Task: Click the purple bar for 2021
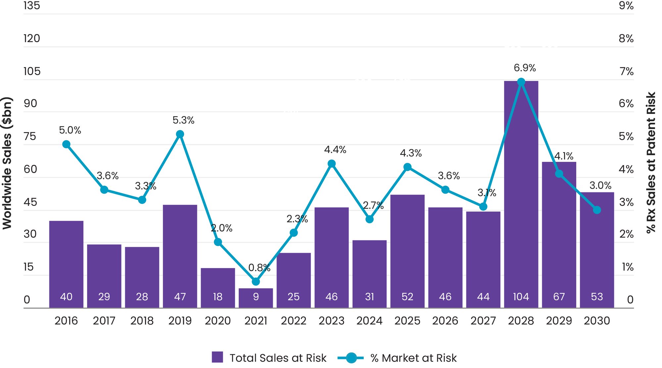point(256,298)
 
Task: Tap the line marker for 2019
point(180,134)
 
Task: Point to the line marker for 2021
point(256,282)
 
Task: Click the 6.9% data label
point(525,68)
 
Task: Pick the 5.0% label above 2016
point(70,130)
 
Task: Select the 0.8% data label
point(259,267)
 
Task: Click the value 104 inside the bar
point(521,297)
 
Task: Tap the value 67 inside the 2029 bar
point(559,297)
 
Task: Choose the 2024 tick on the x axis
point(369,321)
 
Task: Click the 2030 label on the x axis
point(597,321)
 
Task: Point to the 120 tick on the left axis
point(32,38)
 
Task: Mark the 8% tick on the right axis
point(626,38)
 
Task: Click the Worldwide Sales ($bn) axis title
point(7,163)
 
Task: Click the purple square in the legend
point(217,357)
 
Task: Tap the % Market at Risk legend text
point(413,358)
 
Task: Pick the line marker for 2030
point(597,210)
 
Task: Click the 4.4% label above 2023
point(335,150)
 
